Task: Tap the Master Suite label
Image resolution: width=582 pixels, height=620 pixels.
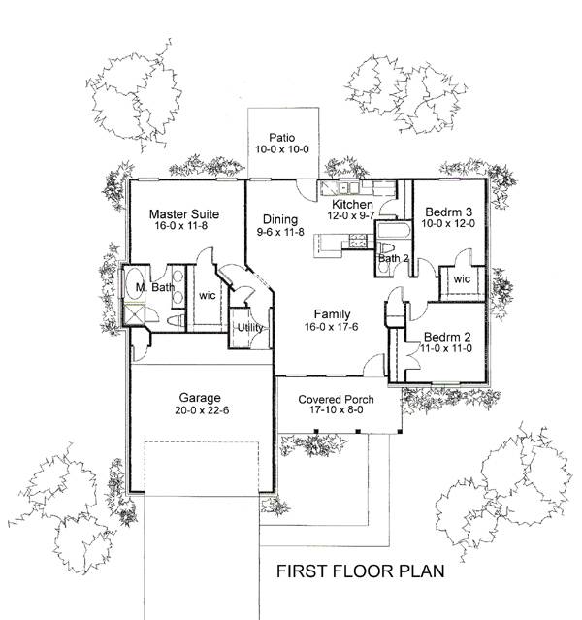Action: pos(182,213)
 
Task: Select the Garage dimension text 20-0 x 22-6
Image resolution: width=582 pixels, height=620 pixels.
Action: pos(200,410)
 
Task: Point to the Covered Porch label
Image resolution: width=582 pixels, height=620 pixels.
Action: pos(336,399)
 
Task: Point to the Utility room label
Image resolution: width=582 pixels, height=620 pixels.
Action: pos(251,328)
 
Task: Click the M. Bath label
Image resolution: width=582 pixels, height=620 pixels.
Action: pos(154,288)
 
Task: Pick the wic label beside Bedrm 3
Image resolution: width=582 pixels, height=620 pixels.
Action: pos(461,280)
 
